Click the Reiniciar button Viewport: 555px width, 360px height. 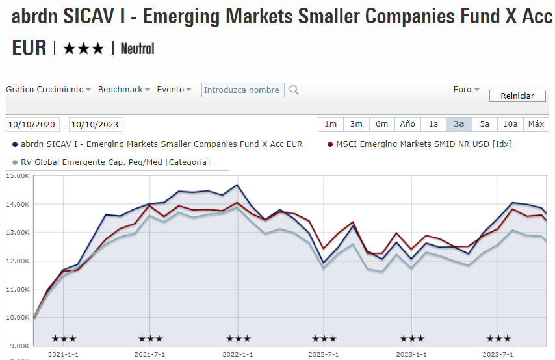click(517, 96)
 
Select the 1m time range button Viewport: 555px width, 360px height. click(331, 124)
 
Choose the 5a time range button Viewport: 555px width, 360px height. click(485, 124)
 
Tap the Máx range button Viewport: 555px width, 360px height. click(536, 124)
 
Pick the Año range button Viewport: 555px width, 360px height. click(407, 124)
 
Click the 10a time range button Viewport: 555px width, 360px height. click(510, 124)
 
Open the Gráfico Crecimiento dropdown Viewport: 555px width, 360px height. click(49, 90)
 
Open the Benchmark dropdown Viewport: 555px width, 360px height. click(124, 90)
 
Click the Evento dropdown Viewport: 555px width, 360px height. click(174, 90)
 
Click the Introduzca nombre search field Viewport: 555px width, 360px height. click(242, 90)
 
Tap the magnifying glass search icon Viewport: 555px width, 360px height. click(294, 90)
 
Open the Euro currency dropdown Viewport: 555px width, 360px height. click(466, 90)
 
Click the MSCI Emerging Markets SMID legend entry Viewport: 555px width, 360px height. click(423, 144)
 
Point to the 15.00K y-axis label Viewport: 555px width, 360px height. click(18, 176)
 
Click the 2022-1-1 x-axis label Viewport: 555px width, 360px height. click(237, 354)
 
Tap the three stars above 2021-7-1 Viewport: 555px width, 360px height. click(151, 339)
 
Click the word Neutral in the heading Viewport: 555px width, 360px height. click(137, 48)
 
